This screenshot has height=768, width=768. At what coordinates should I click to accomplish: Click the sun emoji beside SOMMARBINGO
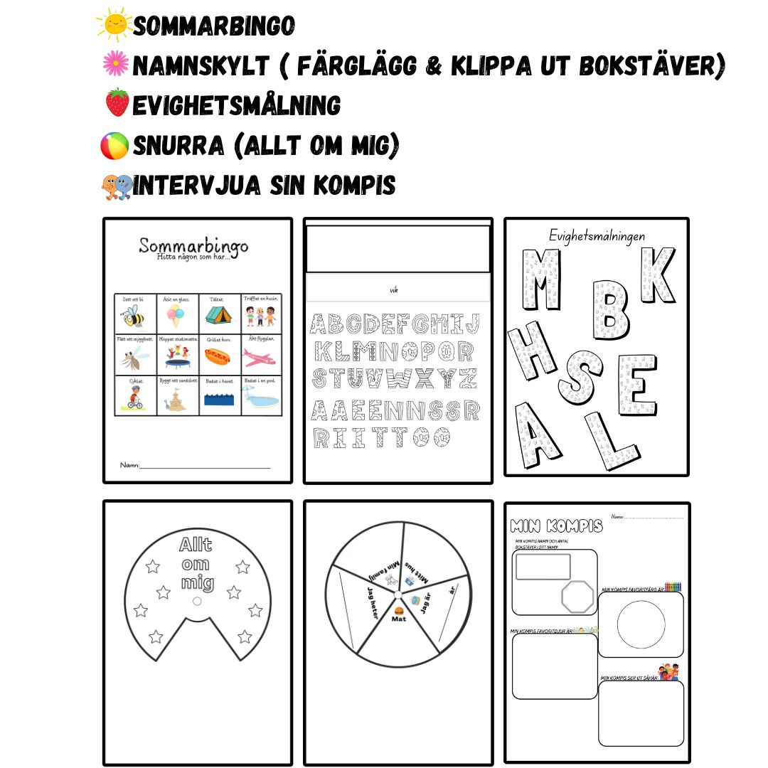point(114,25)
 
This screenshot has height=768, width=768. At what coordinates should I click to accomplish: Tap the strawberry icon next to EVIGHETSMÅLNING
point(117,103)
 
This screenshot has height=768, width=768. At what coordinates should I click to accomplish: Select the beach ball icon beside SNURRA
point(114,146)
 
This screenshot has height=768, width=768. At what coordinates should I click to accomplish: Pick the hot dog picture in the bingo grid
point(219,358)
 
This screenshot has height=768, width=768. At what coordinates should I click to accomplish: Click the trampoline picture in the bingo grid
point(176,359)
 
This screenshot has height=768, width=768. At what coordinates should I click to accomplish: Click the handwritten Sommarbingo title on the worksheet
point(193,247)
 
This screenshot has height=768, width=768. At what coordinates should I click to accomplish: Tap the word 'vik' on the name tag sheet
point(394,290)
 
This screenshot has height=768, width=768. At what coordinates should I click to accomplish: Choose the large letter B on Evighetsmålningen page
point(611,311)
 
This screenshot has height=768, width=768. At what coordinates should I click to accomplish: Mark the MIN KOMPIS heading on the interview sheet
point(556,526)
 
